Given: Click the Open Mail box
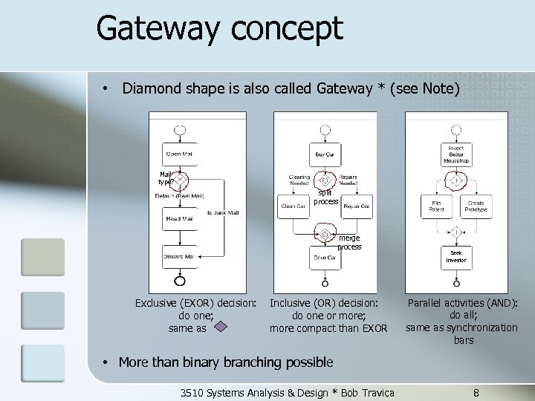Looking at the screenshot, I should [178, 154].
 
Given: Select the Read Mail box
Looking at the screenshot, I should [178, 219].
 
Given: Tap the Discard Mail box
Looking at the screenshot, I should [178, 257].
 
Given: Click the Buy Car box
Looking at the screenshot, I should [325, 154].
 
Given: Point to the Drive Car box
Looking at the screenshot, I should [325, 257].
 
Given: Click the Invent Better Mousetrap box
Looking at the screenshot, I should [456, 154].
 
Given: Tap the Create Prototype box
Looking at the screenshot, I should [476, 206].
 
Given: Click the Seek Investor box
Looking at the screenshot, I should [456, 256].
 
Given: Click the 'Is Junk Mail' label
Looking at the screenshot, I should [223, 213].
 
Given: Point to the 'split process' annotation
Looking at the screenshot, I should [325, 197].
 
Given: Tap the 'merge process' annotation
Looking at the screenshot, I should [348, 243].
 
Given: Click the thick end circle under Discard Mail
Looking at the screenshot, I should [178, 280].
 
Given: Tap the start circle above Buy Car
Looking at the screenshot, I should [325, 130].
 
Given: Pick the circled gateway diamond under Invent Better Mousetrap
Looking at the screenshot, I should [456, 180].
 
